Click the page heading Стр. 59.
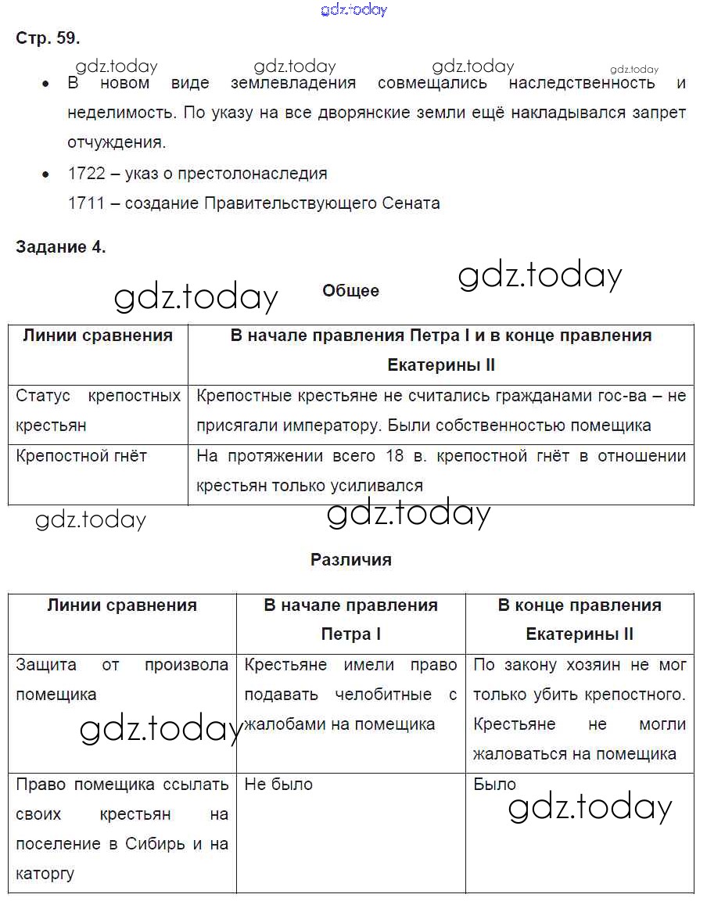click(x=48, y=38)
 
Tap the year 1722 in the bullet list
click(x=86, y=174)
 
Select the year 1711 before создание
click(x=86, y=203)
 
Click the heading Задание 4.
click(x=60, y=247)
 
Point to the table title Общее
click(x=350, y=291)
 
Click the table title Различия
click(x=350, y=560)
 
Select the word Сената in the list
click(x=411, y=203)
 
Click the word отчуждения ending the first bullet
click(x=117, y=142)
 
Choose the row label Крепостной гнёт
click(x=81, y=456)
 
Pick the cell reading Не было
click(x=278, y=785)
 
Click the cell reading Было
click(x=495, y=785)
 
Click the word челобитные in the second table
click(x=383, y=695)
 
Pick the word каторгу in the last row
click(x=45, y=874)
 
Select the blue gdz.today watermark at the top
click(x=353, y=10)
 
